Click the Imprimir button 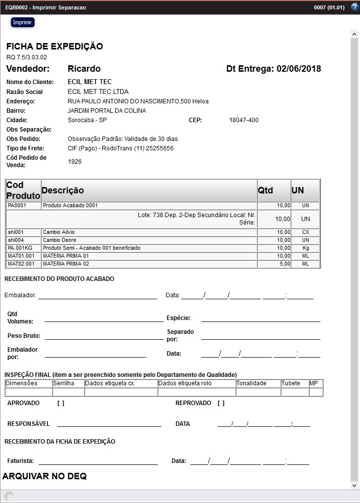(x=22, y=23)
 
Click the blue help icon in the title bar (x=355, y=7)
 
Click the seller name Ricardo (x=84, y=69)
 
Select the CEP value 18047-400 (x=243, y=120)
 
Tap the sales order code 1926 (x=75, y=162)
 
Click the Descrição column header (x=63, y=190)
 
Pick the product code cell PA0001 (x=17, y=206)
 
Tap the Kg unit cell (x=305, y=248)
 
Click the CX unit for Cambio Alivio (x=305, y=232)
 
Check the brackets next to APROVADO (x=61, y=403)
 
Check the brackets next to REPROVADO (x=221, y=403)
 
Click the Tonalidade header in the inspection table (x=251, y=383)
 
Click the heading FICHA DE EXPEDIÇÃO (x=54, y=46)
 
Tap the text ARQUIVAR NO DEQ (x=45, y=476)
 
